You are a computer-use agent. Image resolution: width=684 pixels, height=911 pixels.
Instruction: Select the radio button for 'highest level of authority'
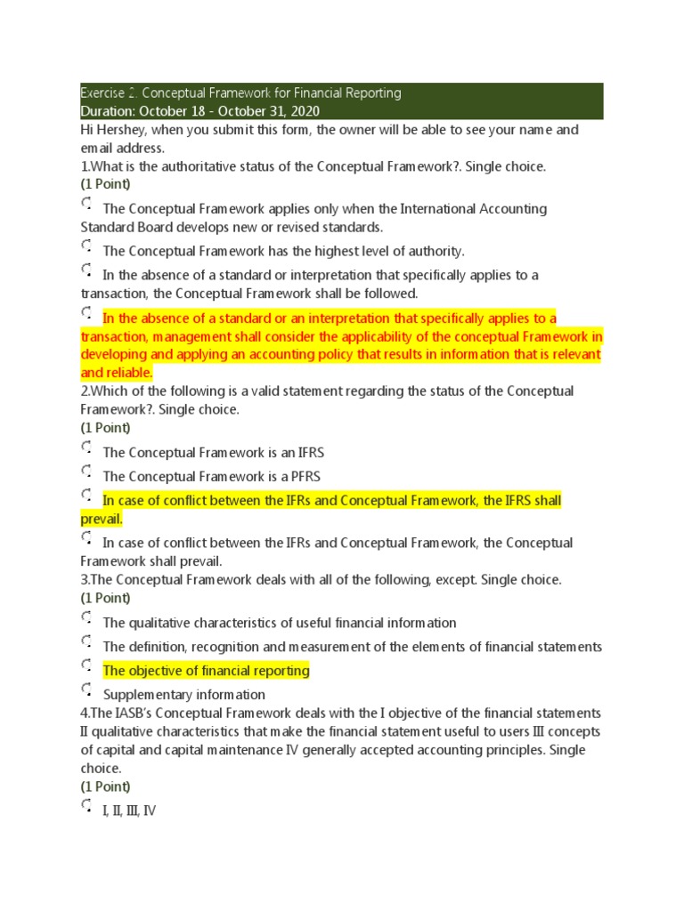point(86,246)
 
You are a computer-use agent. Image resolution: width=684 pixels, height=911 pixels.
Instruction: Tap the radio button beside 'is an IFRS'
point(86,447)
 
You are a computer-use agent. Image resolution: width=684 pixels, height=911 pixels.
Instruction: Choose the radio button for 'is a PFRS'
point(86,472)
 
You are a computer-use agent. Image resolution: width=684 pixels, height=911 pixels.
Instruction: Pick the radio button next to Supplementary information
point(86,690)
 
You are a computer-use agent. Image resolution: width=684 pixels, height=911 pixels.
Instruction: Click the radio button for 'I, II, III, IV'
point(86,807)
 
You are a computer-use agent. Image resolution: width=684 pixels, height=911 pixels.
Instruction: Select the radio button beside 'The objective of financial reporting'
point(86,666)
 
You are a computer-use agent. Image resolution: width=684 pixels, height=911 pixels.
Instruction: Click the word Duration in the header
point(109,111)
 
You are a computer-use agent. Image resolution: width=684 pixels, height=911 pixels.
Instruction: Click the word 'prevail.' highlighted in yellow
point(102,518)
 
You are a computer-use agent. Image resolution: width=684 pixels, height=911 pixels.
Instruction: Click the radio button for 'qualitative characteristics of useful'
point(86,618)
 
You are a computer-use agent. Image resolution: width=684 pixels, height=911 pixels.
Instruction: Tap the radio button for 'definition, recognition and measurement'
point(86,642)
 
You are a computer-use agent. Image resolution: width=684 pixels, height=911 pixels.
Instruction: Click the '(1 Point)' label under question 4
point(105,786)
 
